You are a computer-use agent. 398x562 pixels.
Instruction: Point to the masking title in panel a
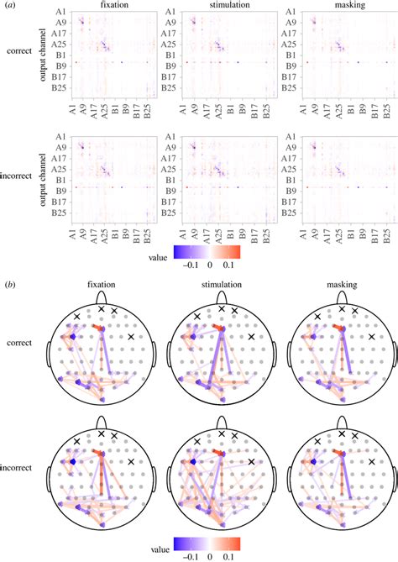click(342, 6)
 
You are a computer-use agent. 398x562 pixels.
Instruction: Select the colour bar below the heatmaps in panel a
click(221, 251)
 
